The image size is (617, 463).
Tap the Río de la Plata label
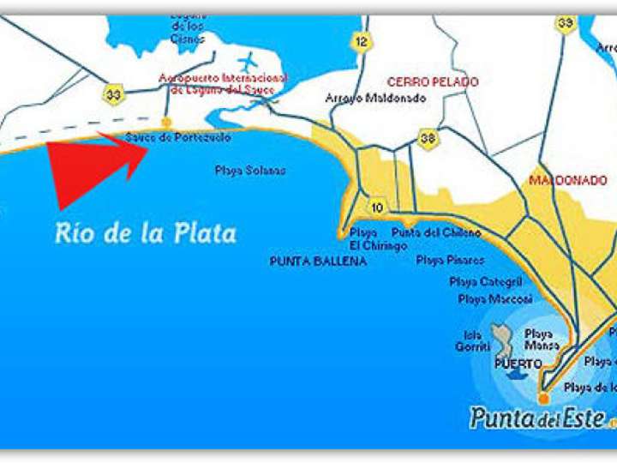(x=146, y=233)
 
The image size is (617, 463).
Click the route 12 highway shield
(x=362, y=40)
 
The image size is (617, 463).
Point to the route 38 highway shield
(x=427, y=137)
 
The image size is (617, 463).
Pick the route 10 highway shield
(x=377, y=207)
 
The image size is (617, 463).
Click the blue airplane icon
(x=249, y=63)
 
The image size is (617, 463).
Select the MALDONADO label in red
(x=567, y=181)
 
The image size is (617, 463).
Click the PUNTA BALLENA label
(x=317, y=261)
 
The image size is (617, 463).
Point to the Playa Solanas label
(x=250, y=171)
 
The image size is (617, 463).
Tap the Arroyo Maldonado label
(x=375, y=99)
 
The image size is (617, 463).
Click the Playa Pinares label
(x=451, y=260)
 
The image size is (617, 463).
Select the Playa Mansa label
(x=542, y=340)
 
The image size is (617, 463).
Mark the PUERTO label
(x=518, y=364)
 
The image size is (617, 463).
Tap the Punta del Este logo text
(x=537, y=418)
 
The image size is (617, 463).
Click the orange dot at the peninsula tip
(x=542, y=399)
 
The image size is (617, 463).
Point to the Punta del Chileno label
(x=436, y=233)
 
